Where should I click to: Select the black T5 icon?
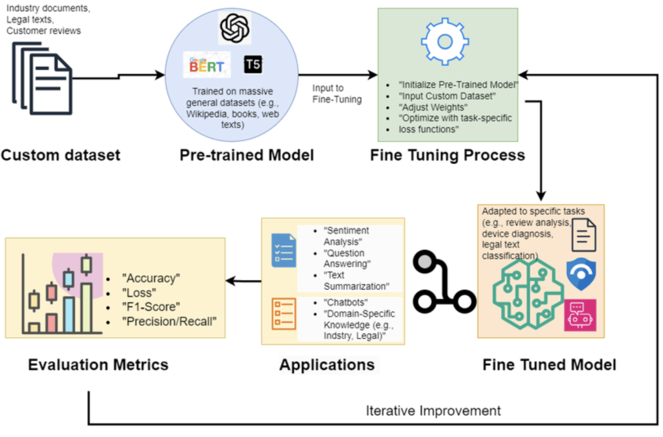[253, 65]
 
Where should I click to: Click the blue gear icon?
[444, 40]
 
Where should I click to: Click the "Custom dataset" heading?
[61, 155]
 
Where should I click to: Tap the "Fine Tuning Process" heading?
[447, 155]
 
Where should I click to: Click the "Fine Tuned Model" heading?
[549, 364]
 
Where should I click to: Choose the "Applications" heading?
[327, 364]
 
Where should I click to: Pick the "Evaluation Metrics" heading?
[98, 364]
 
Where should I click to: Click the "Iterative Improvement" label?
[433, 410]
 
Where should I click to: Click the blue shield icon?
[580, 274]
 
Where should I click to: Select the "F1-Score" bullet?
[150, 306]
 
